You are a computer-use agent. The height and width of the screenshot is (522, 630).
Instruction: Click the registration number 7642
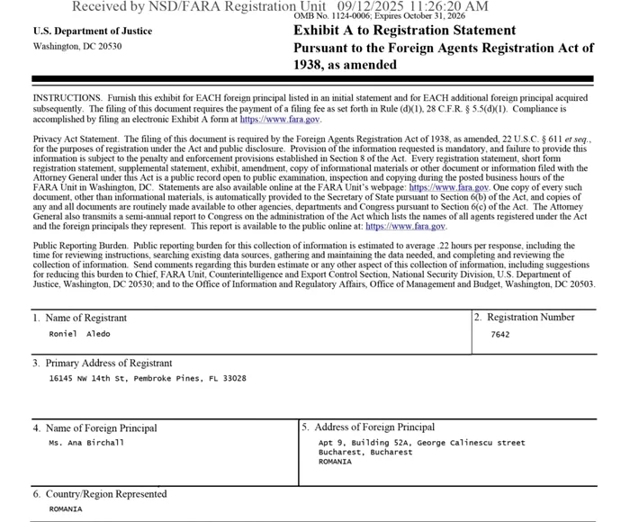pos(500,334)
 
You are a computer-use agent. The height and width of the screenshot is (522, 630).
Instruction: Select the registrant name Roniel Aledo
pos(79,334)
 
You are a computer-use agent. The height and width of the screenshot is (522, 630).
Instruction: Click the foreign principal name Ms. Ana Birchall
pos(86,443)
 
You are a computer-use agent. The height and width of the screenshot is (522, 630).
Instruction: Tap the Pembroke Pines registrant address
pos(148,379)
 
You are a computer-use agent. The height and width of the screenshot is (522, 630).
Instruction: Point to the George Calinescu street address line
pos(421,443)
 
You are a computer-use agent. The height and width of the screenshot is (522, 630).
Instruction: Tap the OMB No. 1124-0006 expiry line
pos(380,16)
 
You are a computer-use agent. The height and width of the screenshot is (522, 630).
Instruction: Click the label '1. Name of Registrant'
pos(80,318)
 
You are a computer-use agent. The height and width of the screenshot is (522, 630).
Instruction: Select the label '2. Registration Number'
pos(525,317)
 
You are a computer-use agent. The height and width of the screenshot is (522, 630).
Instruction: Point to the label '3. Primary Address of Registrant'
pos(103,363)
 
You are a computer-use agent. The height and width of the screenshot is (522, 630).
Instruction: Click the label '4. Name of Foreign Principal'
pos(94,428)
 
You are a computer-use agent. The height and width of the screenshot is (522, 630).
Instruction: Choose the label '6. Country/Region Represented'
pos(100,494)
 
